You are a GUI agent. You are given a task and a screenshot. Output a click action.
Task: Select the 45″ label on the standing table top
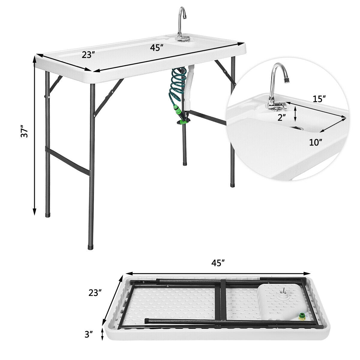(x=157, y=48)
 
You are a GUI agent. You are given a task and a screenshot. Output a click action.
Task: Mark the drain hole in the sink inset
(x=297, y=128)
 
